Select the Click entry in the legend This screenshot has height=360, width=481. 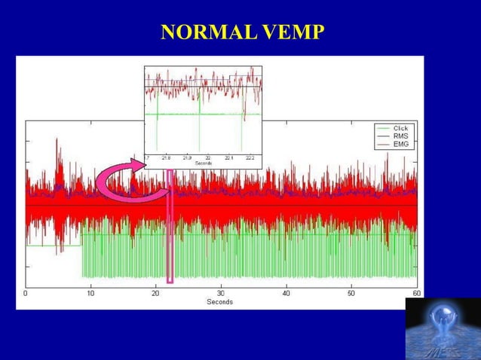click(x=400, y=128)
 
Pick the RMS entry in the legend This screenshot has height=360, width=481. click(x=400, y=136)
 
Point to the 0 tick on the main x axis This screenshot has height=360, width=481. click(x=26, y=293)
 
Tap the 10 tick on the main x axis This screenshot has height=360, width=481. click(x=90, y=293)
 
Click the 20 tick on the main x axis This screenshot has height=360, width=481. click(x=155, y=293)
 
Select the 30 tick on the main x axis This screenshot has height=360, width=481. click(x=220, y=293)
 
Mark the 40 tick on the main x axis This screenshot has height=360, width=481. click(x=286, y=293)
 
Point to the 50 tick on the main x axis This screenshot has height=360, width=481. click(x=351, y=293)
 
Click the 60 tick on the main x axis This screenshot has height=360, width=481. click(x=415, y=293)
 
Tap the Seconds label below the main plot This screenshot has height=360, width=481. click(x=220, y=302)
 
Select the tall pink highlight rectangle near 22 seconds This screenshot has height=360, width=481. click(x=170, y=226)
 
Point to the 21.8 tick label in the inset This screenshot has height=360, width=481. click(x=165, y=158)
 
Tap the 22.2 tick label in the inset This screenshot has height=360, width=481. click(x=250, y=158)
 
